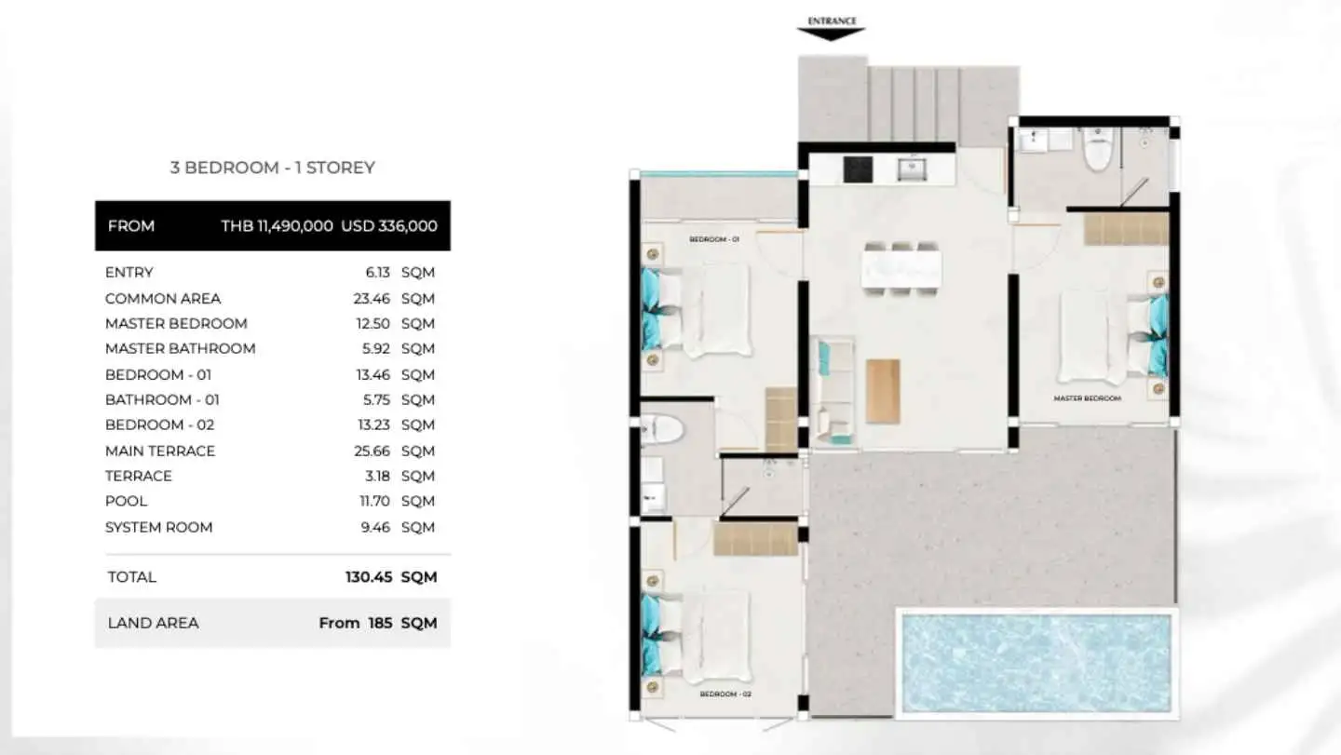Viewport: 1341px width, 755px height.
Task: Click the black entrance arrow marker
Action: coord(831,34)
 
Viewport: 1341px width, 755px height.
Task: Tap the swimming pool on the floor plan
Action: coord(1036,663)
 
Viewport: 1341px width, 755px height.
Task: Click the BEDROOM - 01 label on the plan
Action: coord(713,239)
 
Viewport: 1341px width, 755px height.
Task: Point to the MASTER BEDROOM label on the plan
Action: coord(1087,398)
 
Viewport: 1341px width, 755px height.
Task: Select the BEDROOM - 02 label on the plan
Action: coord(725,694)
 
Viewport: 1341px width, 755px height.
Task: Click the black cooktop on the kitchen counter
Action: coord(858,169)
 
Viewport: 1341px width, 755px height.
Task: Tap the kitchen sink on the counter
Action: coord(912,169)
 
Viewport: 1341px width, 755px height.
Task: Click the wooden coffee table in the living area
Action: coord(883,391)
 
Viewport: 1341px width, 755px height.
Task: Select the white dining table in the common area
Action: coord(901,269)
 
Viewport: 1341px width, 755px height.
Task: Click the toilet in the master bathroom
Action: coord(1098,148)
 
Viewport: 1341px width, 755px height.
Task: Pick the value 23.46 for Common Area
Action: coord(372,299)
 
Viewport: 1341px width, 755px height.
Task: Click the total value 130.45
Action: coord(369,577)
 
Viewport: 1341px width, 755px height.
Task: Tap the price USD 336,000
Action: coord(389,226)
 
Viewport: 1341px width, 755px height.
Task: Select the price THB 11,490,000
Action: coord(278,226)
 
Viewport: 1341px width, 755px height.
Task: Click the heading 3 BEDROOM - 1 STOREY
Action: coord(272,168)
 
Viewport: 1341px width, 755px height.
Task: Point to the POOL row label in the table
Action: coord(126,502)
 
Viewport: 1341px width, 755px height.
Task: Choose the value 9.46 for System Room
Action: coord(375,528)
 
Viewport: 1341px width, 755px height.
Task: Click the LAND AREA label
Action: coord(154,624)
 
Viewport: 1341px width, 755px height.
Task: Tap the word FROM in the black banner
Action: coord(131,226)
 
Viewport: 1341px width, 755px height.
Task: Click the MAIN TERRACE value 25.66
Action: coord(372,452)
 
